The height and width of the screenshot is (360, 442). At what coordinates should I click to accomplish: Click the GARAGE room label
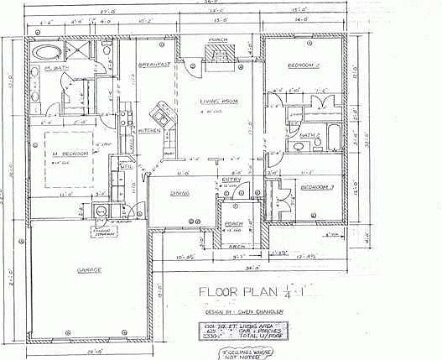pos(91,270)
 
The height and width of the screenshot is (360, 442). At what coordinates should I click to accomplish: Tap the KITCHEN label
pos(149,130)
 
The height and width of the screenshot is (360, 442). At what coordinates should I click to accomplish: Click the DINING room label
pos(179,195)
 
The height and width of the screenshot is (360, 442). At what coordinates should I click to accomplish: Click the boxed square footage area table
pos(237,329)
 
